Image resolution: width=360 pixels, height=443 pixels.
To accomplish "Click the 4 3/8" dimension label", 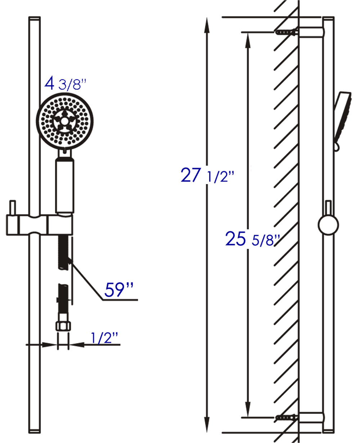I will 65,84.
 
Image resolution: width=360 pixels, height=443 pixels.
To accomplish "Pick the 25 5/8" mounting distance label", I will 252,239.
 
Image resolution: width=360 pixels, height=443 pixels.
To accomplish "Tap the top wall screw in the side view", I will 287,32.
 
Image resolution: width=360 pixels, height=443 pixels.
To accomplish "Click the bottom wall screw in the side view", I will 287,418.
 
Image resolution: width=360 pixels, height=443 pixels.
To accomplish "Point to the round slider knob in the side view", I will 328,225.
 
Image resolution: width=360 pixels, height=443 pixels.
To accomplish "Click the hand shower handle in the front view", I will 65,185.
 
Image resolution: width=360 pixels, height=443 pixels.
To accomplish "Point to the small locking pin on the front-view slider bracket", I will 12,207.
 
